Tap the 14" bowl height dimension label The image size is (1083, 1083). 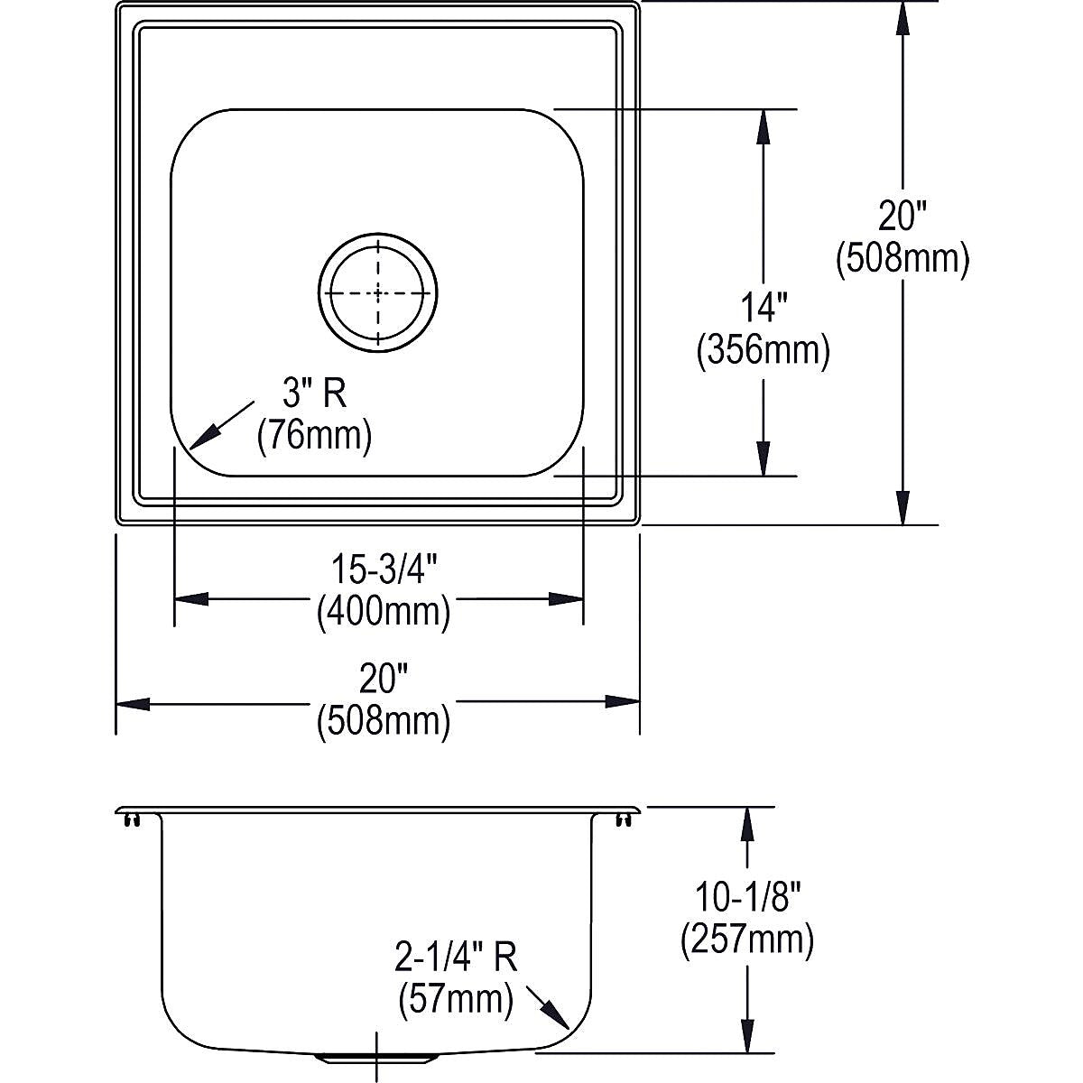[x=764, y=309]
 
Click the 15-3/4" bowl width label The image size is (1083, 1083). [x=384, y=569]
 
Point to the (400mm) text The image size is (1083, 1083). [x=384, y=613]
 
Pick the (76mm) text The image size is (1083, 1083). [x=314, y=437]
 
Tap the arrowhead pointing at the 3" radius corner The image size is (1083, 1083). [x=202, y=438]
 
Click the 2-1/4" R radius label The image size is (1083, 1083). [x=455, y=958]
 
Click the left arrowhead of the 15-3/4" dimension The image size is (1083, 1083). [x=191, y=599]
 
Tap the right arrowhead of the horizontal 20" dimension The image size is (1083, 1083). [x=622, y=702]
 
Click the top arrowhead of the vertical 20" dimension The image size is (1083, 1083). [x=902, y=20]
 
